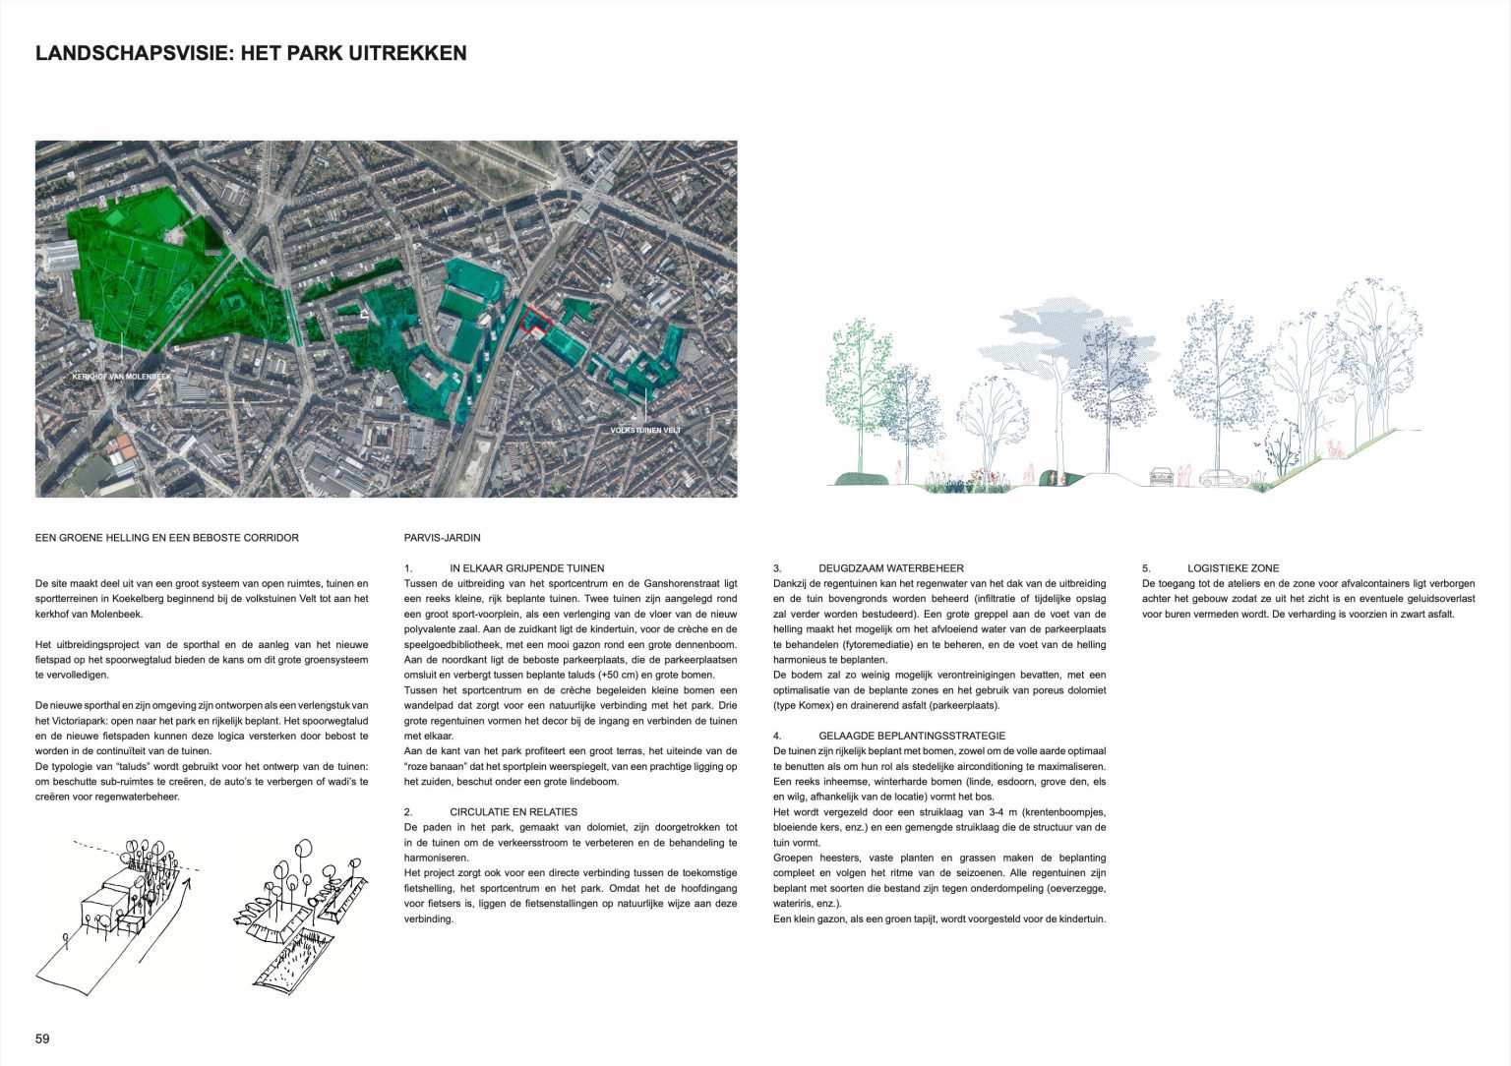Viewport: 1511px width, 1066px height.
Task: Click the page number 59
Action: [x=42, y=1038]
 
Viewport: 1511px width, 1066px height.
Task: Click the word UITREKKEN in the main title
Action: [x=407, y=53]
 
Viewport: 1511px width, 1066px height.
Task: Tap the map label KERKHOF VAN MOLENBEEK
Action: [x=121, y=377]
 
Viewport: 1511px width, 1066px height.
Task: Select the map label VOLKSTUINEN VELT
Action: [x=645, y=431]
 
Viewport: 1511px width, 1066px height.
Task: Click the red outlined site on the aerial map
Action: [x=533, y=323]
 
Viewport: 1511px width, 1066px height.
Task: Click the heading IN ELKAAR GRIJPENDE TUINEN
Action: [x=526, y=568]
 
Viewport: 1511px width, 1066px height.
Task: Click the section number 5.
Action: [x=1146, y=568]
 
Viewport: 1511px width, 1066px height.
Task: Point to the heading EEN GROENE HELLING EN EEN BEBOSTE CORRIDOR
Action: [x=166, y=538]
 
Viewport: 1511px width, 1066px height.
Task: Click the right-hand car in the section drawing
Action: [x=1222, y=479]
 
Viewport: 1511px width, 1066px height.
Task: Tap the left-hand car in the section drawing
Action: [x=1162, y=477]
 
